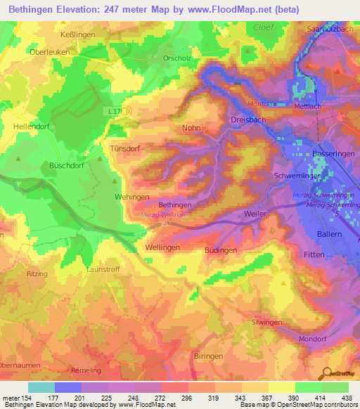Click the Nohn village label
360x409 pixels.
(191, 128)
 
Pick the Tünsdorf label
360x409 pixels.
(126, 149)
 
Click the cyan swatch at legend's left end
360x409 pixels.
(41, 387)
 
